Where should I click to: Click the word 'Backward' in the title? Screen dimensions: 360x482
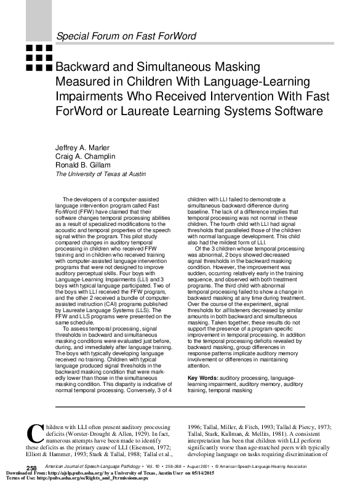point(86,66)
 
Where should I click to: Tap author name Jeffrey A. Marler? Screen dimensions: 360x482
point(82,148)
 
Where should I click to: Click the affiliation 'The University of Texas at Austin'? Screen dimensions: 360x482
point(101,174)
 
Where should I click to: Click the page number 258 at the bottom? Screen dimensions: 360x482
point(24,469)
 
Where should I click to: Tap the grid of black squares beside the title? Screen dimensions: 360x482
point(38,58)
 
